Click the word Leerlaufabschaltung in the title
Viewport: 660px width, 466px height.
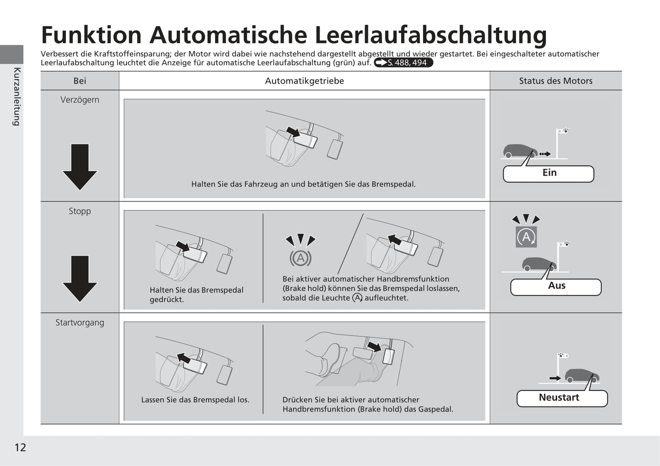tap(431, 35)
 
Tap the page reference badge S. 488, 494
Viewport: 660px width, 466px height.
tap(403, 63)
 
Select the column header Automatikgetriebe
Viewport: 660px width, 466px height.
tap(304, 81)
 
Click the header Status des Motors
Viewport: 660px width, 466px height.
tap(556, 81)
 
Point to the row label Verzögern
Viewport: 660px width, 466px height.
tap(80, 100)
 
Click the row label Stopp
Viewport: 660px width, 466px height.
tap(80, 211)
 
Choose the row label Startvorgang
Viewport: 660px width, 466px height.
tap(80, 323)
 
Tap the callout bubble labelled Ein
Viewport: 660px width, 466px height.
tap(549, 174)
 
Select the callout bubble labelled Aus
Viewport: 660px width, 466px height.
tap(556, 287)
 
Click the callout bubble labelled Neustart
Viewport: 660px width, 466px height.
tap(562, 398)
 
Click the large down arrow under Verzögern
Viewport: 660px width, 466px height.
tap(79, 167)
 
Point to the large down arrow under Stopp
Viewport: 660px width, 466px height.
tap(79, 279)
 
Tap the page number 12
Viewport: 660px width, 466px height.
tap(21, 447)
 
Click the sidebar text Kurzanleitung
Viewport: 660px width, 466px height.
tap(17, 97)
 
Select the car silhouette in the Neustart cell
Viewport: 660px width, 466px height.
tap(581, 375)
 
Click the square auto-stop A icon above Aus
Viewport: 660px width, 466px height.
tap(526, 237)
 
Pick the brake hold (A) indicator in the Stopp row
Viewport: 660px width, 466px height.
tap(301, 258)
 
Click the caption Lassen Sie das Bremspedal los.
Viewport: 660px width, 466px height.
tap(195, 400)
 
